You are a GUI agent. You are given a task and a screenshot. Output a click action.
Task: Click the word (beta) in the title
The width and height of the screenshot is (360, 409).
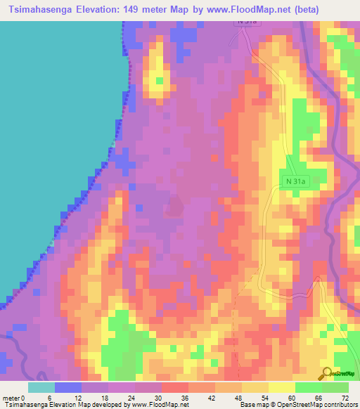pyautogui.click(x=307, y=10)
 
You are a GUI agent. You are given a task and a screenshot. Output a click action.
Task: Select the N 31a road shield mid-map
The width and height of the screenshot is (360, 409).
pyautogui.click(x=297, y=181)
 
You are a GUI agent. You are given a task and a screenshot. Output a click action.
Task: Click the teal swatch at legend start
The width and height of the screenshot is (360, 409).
pyautogui.click(x=41, y=387)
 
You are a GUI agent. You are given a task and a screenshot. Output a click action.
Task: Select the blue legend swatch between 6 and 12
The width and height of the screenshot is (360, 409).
pyautogui.click(x=68, y=387)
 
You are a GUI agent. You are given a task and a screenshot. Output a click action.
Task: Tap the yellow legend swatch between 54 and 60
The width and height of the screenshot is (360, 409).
pyautogui.click(x=282, y=387)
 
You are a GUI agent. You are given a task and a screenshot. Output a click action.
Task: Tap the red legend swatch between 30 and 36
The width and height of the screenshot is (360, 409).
pyautogui.click(x=175, y=387)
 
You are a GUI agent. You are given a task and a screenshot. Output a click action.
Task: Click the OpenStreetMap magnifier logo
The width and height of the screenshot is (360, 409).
pyautogui.click(x=326, y=372)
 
